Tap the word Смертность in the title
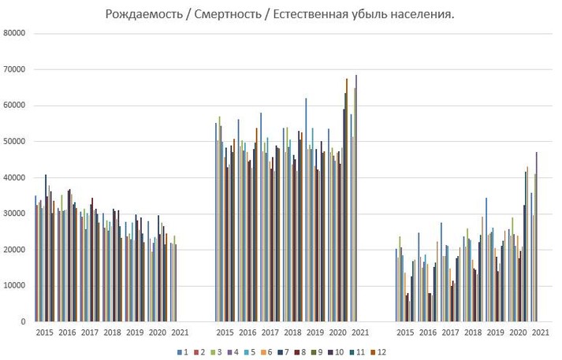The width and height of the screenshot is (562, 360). (x=223, y=16)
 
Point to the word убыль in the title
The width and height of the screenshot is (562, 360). (x=367, y=16)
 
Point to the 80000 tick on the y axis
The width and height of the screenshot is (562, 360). (x=15, y=33)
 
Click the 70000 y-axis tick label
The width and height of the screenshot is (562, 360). (x=15, y=69)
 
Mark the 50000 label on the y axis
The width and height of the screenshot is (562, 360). (x=15, y=142)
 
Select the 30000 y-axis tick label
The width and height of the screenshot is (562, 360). (x=15, y=213)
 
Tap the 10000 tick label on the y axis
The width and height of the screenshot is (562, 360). (x=15, y=286)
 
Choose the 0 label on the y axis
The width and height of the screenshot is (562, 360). (x=24, y=322)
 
